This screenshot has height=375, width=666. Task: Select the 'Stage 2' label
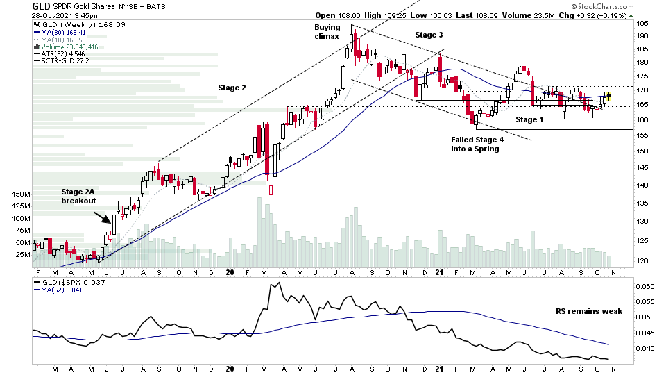click(x=232, y=87)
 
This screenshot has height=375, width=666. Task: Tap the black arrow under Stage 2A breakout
click(x=102, y=219)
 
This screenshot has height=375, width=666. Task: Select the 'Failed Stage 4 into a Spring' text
click(x=477, y=144)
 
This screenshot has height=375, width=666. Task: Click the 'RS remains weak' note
click(x=589, y=311)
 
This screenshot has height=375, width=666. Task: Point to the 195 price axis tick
click(x=643, y=23)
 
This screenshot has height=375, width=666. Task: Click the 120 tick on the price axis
click(x=643, y=260)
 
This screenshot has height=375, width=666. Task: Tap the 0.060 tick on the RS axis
click(x=645, y=286)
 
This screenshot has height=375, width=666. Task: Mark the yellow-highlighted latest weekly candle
click(x=609, y=96)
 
